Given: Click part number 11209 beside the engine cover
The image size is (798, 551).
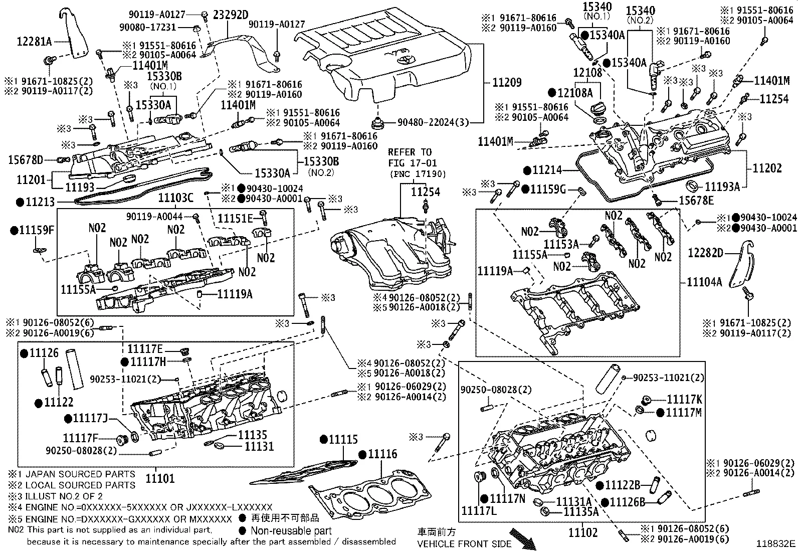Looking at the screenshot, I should click(507, 83).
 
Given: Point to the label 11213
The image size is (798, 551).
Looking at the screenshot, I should click(39, 202).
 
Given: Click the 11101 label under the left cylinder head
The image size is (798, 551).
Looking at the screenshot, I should click(160, 479).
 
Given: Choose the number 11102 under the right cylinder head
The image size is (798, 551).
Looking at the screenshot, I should click(583, 532).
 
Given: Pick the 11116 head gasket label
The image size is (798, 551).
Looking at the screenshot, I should click(382, 454).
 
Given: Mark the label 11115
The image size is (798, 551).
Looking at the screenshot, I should click(343, 440).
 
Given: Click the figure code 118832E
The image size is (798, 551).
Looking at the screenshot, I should click(776, 543).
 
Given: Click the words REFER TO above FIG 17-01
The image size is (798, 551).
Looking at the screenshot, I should click(410, 152).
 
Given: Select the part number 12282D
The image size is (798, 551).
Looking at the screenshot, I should click(706, 253).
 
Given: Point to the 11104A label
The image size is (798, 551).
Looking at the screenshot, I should click(704, 282).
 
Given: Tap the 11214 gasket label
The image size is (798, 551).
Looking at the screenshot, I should click(547, 170).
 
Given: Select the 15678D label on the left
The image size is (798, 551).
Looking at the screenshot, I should click(25, 160).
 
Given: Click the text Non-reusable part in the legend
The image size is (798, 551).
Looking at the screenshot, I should click(291, 530).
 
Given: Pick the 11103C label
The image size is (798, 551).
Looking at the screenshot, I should click(175, 198).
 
